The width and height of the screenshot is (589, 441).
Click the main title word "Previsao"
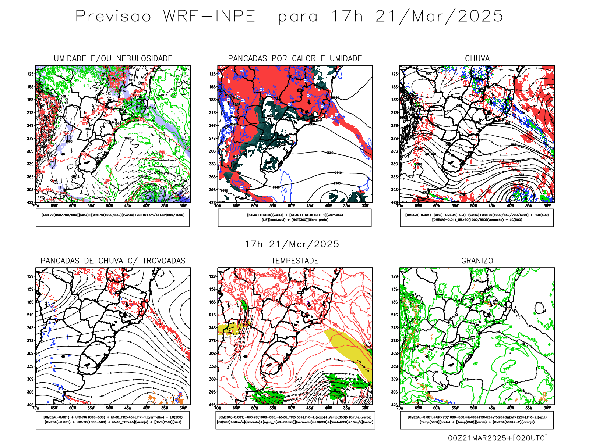(x=113, y=17)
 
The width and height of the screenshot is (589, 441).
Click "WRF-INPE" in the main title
(x=209, y=17)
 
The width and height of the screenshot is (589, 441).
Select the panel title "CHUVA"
(x=477, y=58)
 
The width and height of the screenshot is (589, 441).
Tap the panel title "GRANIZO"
(x=477, y=261)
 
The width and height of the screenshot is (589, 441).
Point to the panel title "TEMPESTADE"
(x=295, y=261)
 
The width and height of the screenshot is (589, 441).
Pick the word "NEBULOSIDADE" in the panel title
(x=144, y=58)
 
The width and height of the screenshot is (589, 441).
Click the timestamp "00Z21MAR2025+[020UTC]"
(x=498, y=438)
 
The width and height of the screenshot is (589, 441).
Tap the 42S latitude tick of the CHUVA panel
(x=395, y=202)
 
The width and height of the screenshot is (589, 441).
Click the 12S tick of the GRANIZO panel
(x=395, y=276)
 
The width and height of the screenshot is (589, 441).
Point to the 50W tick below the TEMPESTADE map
(x=291, y=408)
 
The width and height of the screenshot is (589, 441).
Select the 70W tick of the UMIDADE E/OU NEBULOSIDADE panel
(x=36, y=206)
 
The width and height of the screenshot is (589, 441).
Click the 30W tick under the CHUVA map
(x=547, y=206)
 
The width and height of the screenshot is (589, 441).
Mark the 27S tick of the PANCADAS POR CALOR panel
(x=213, y=138)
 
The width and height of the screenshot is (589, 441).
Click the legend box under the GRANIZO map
(x=477, y=420)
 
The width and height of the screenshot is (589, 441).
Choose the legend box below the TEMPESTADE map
(x=295, y=420)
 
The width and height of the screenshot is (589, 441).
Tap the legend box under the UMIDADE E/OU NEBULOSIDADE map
(x=113, y=218)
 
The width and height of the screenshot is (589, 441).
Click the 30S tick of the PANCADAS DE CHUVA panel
(x=31, y=354)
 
